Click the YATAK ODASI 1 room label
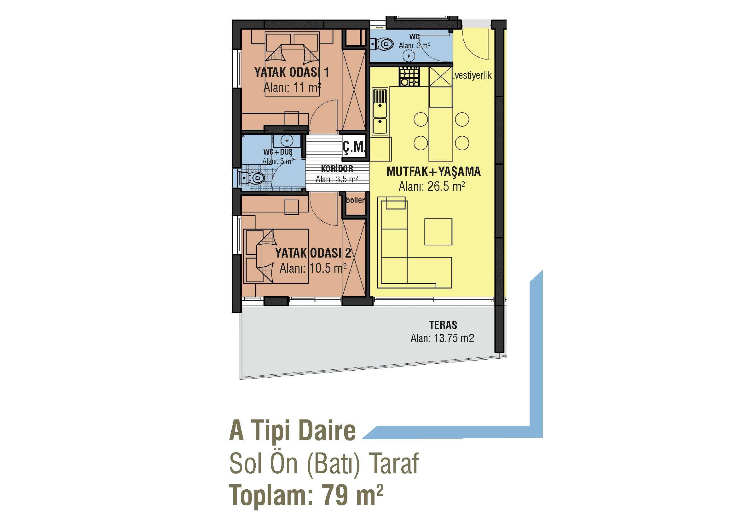pos(292,72)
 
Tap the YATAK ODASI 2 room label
pos(313,253)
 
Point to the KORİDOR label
pos(337,169)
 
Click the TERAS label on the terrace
pos(443,325)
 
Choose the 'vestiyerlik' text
pos(473,75)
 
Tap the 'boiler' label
pos(355,200)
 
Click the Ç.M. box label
pos(354,147)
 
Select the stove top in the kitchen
pos(409,77)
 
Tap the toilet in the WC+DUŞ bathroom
pos(253,178)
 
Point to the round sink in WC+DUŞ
pos(287,141)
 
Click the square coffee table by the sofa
pos(438,232)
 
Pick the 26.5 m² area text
pos(432,186)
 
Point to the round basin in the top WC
pos(409,56)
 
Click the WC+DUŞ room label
pos(278,152)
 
